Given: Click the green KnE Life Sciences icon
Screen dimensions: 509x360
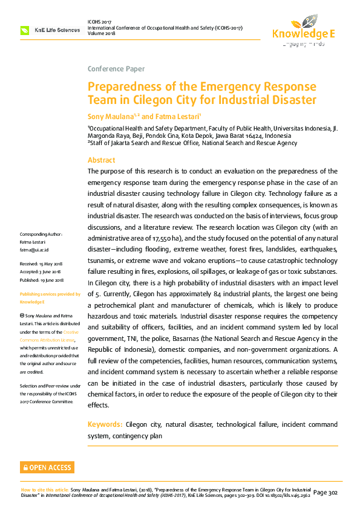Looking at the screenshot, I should click(25, 30).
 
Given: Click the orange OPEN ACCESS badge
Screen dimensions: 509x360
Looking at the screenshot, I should click(47, 467).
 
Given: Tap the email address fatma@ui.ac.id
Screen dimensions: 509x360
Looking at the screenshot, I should click(34, 250).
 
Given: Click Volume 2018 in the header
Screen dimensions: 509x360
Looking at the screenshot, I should click(102, 34).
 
